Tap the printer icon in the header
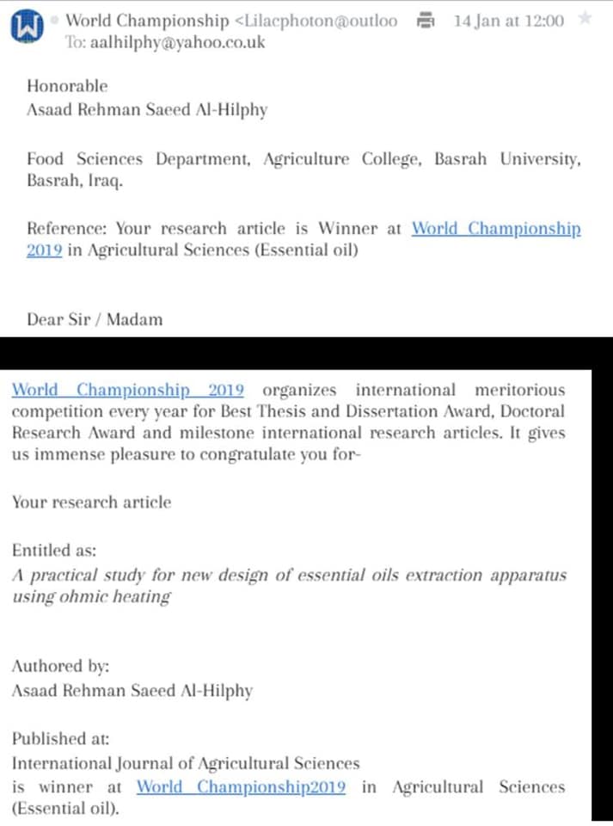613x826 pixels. [x=425, y=20]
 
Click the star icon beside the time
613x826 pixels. [x=585, y=19]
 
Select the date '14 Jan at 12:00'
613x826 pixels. [x=508, y=21]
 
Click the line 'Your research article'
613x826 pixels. [x=91, y=502]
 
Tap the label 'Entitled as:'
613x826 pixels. [x=54, y=550]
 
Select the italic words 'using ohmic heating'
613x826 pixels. [x=91, y=596]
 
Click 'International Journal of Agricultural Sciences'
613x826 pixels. [x=186, y=762]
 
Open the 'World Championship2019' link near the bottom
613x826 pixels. [x=241, y=786]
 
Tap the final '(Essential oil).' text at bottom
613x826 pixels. [x=64, y=809]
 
